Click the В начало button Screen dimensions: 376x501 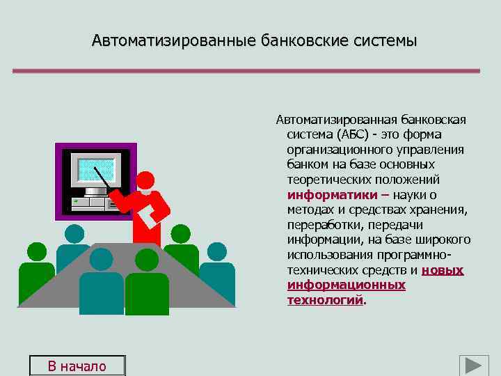(77, 366)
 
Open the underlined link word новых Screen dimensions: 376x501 (443, 270)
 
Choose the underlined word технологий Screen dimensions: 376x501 (325, 300)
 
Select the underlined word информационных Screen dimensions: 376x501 (346, 285)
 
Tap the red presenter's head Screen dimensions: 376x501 (145, 180)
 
